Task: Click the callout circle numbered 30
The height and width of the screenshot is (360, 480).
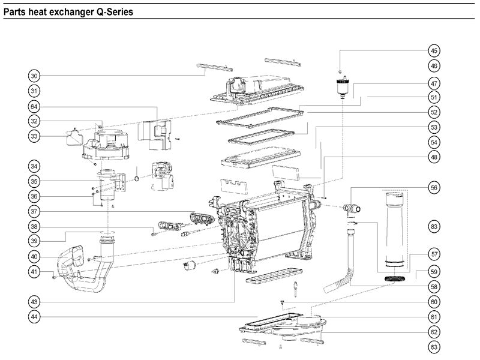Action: coord(35,76)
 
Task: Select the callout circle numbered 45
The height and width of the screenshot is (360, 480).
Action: coord(434,50)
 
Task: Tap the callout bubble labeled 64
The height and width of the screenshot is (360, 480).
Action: coord(35,106)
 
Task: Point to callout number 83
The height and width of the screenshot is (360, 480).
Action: coord(434,226)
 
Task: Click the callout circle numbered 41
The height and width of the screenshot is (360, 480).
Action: coord(35,272)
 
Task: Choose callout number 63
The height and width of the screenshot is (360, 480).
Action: coord(434,347)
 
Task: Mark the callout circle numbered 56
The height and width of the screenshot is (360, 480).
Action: coord(434,187)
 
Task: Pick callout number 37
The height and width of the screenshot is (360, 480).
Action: coord(35,211)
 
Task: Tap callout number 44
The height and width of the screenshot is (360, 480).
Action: coord(35,316)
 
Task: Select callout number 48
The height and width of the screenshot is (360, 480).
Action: coord(434,157)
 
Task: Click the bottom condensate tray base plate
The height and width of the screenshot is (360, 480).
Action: coord(282,327)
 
